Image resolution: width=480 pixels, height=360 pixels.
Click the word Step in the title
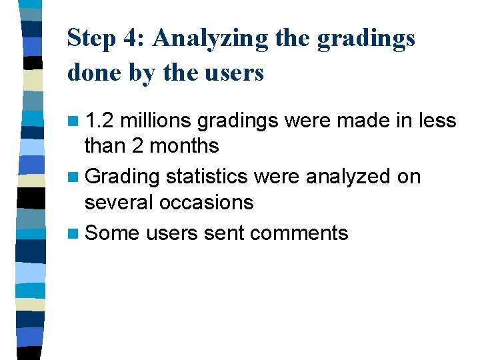click(x=93, y=39)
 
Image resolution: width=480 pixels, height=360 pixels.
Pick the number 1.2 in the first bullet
click(x=99, y=121)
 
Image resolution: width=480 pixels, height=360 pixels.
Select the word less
click(x=436, y=121)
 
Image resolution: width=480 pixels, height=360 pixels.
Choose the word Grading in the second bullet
click(x=123, y=177)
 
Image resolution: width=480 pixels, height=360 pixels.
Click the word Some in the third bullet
click(x=112, y=233)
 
